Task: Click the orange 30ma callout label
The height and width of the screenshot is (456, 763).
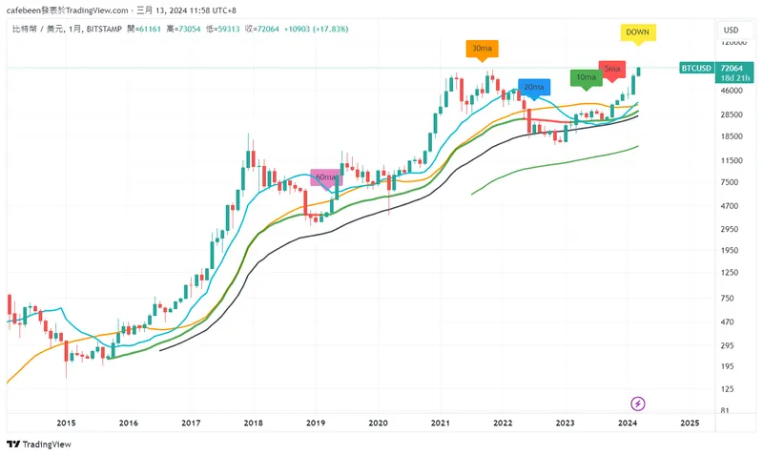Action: tap(482, 48)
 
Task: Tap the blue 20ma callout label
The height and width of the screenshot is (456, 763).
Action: tap(534, 87)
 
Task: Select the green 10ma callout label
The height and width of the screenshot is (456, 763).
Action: tap(586, 76)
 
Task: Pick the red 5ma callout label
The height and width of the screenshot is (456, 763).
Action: tap(612, 69)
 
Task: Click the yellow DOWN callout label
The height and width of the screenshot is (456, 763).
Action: tap(637, 32)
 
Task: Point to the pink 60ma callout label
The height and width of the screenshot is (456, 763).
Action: tap(327, 177)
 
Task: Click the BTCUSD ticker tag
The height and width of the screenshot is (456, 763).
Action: tap(696, 69)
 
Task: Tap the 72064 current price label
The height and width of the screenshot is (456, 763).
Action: tap(732, 69)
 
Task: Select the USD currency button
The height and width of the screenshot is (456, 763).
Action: tap(732, 30)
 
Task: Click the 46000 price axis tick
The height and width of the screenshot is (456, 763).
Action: tap(732, 91)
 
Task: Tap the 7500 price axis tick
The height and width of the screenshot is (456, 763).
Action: tap(730, 182)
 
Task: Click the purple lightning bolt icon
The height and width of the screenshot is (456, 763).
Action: tap(639, 404)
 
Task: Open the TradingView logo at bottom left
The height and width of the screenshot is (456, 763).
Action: tap(30, 444)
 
